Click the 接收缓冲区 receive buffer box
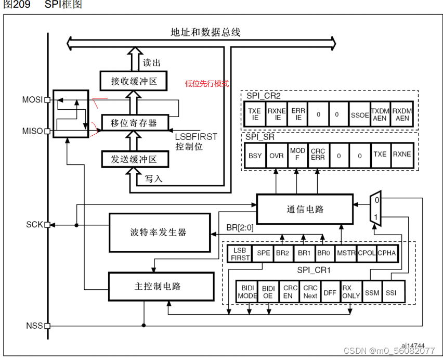(134, 82)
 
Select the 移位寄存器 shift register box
(134, 123)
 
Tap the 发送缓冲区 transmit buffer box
(134, 159)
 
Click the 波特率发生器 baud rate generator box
(158, 232)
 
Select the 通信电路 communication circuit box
(305, 209)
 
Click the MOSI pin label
(33, 99)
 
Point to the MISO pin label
(33, 131)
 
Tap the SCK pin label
(34, 225)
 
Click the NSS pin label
(34, 326)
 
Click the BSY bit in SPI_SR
(255, 155)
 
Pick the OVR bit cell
(276, 155)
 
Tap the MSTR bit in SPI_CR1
(345, 253)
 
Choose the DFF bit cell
(330, 292)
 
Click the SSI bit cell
(391, 292)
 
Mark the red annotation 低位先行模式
(206, 83)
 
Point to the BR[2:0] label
(241, 227)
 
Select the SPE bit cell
(264, 253)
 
